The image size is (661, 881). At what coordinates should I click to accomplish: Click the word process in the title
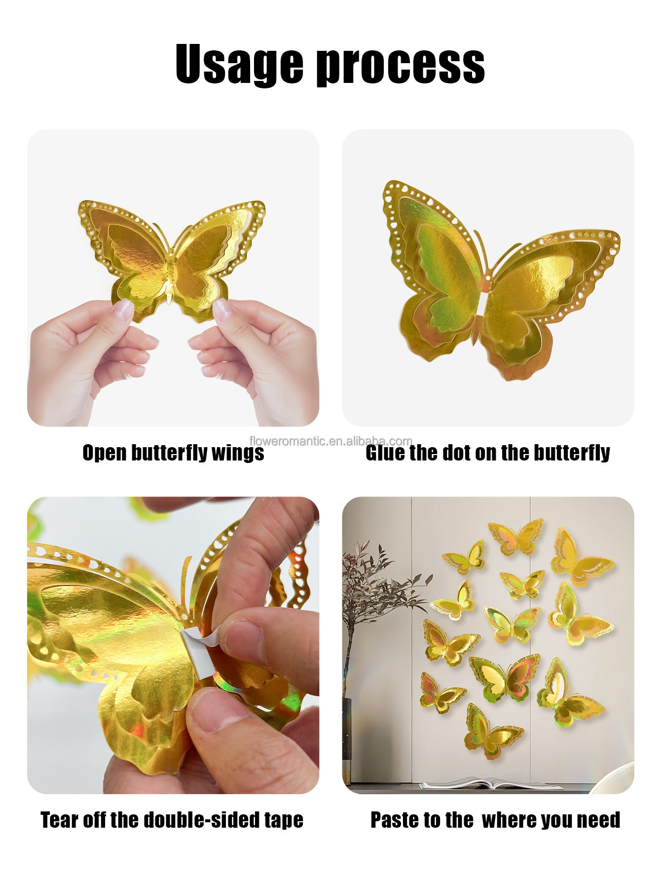click(400, 65)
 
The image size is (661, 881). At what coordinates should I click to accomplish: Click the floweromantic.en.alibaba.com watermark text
click(330, 441)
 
